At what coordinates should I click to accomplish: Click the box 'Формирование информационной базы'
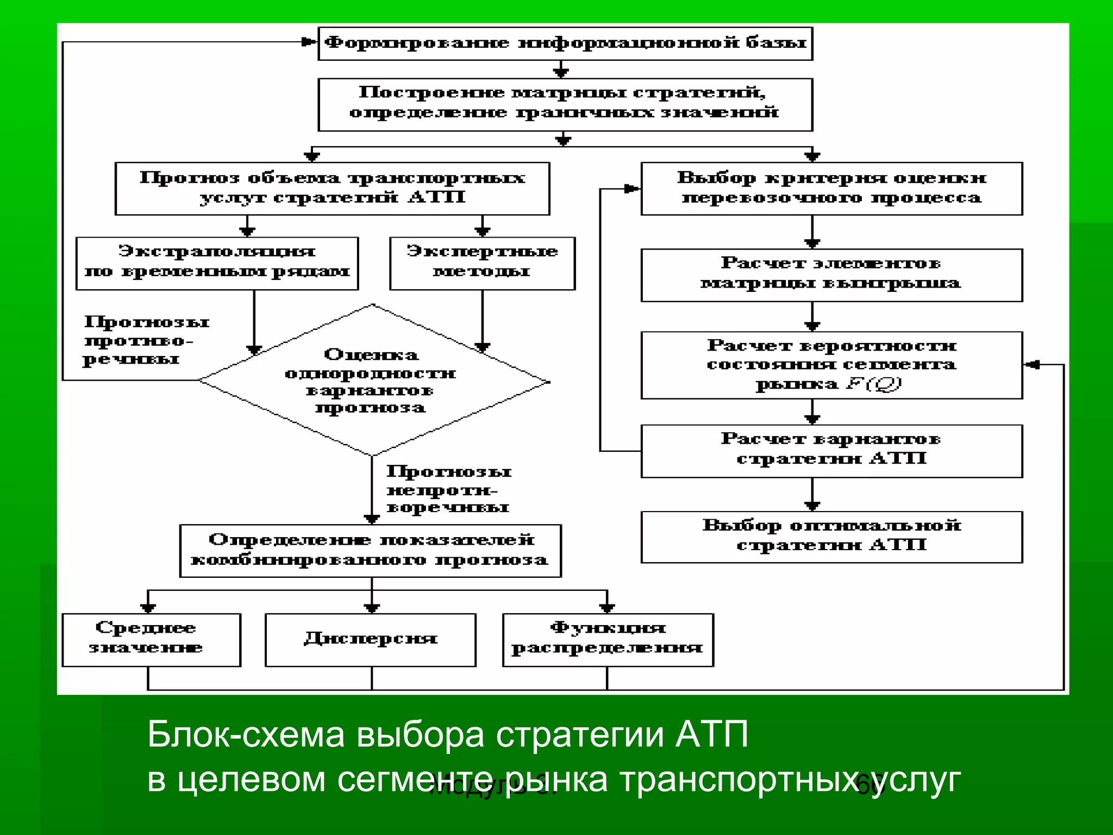pyautogui.click(x=565, y=43)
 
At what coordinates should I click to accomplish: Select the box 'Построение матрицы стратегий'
pyautogui.click(x=565, y=104)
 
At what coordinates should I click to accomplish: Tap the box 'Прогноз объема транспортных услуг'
pyautogui.click(x=332, y=188)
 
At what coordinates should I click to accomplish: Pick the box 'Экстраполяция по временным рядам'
pyautogui.click(x=217, y=263)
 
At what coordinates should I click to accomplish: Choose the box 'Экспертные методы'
pyautogui.click(x=482, y=263)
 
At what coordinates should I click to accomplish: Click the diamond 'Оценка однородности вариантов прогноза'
pyautogui.click(x=373, y=381)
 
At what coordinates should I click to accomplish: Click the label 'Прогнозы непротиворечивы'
pyautogui.click(x=448, y=489)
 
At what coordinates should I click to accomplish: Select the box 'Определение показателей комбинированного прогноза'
pyautogui.click(x=371, y=550)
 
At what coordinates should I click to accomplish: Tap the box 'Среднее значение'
pyautogui.click(x=151, y=639)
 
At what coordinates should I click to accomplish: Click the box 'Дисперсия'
pyautogui.click(x=371, y=639)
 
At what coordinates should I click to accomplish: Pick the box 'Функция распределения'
pyautogui.click(x=608, y=639)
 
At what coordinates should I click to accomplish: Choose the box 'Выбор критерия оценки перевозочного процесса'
pyautogui.click(x=831, y=188)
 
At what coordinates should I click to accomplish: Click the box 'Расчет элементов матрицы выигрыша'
pyautogui.click(x=831, y=275)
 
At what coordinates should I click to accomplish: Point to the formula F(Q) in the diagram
pyautogui.click(x=873, y=384)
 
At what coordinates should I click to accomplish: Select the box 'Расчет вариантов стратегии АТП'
pyautogui.click(x=831, y=451)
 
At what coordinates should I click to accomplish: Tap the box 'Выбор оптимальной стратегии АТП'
pyautogui.click(x=831, y=537)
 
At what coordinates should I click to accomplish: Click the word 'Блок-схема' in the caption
pyautogui.click(x=246, y=735)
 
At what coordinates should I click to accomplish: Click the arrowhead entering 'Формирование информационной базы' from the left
pyautogui.click(x=310, y=42)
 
